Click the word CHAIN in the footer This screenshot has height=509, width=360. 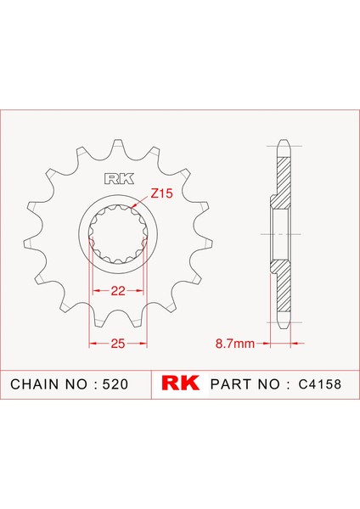[x=37, y=384]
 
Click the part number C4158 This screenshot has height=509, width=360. [x=323, y=384]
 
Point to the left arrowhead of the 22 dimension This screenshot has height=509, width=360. [x=93, y=292]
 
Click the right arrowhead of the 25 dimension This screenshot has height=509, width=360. [x=146, y=343]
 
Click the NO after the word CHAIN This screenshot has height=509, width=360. [x=78, y=384]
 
